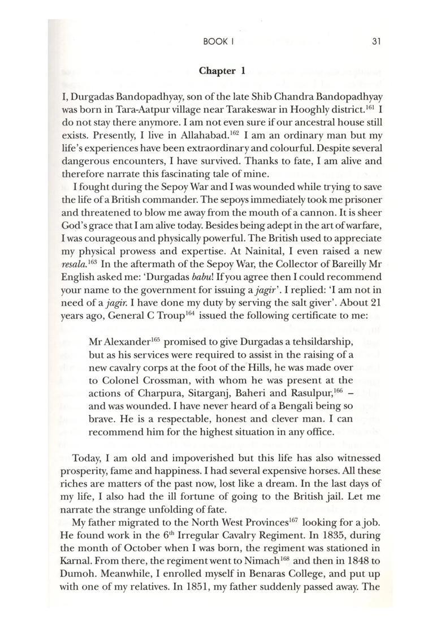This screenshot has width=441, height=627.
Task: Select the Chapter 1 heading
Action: tap(222, 71)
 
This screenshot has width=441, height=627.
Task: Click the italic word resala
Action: tap(72, 264)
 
